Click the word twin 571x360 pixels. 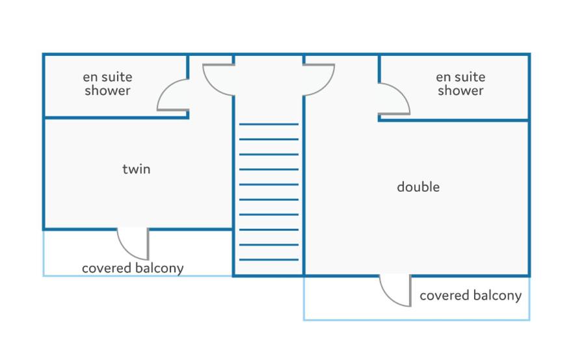pyautogui.click(x=136, y=169)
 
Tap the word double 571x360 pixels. pyautogui.click(x=418, y=186)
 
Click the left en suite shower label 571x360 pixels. pyautogui.click(x=107, y=84)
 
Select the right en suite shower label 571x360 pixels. pyautogui.click(x=460, y=84)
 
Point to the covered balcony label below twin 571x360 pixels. pyautogui.click(x=133, y=268)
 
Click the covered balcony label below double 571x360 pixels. pyautogui.click(x=470, y=296)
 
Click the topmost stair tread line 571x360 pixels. pyautogui.click(x=269, y=125)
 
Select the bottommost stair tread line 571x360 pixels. pyautogui.click(x=269, y=260)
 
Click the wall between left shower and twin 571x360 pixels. pyautogui.click(x=116, y=118)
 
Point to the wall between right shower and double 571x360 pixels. pyautogui.click(x=454, y=120)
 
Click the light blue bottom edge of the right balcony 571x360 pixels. pyautogui.click(x=417, y=320)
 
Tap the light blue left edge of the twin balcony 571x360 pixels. pyautogui.click(x=44, y=253)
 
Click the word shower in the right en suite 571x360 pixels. pyautogui.click(x=460, y=90)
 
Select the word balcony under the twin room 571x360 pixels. pyautogui.click(x=159, y=268)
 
